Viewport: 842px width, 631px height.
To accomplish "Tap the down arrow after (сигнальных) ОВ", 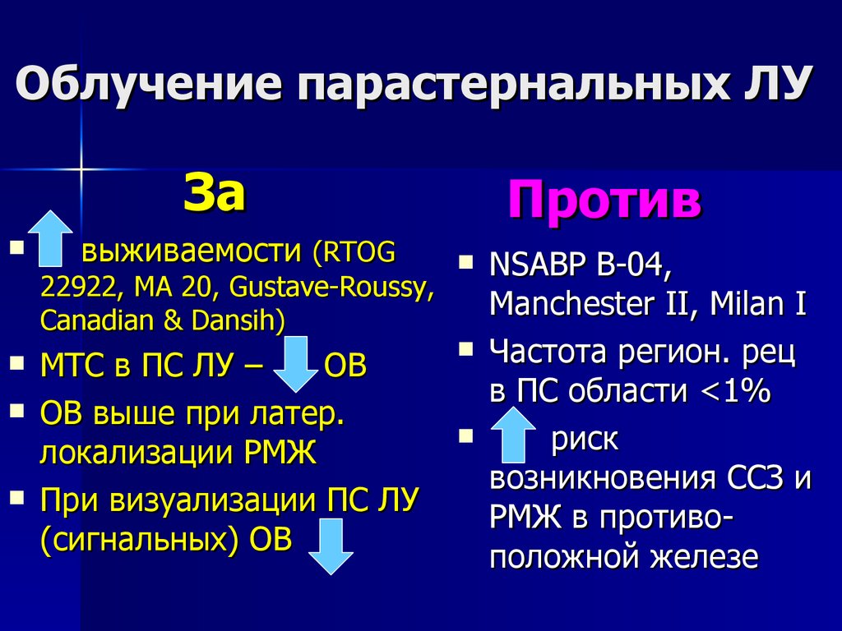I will pyautogui.click(x=330, y=548).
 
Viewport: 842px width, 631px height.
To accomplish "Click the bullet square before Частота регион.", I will pyautogui.click(x=466, y=349).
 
